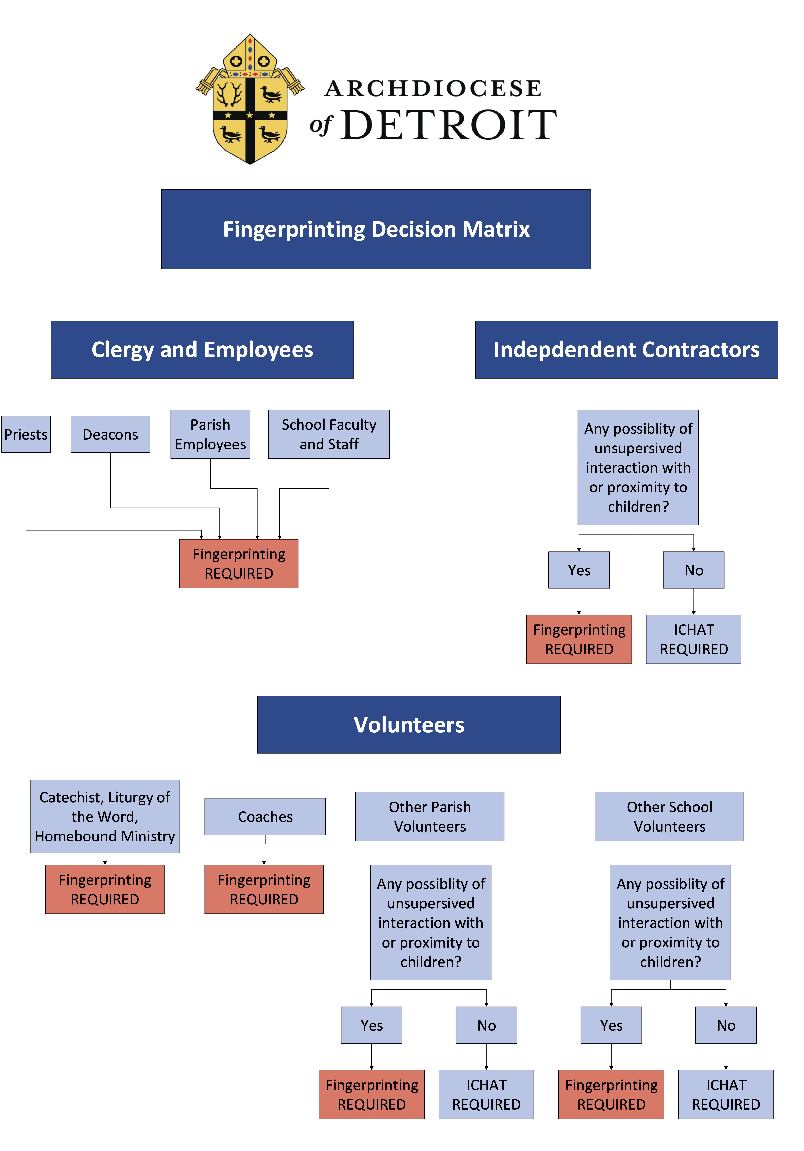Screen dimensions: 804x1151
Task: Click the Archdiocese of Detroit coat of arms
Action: [250, 99]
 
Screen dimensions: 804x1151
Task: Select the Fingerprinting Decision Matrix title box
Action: [376, 229]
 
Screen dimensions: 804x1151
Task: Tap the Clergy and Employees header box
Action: [202, 349]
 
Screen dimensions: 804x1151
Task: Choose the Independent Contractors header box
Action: [626, 349]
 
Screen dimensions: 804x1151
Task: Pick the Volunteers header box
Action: [409, 724]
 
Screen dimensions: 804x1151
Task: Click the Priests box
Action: [26, 434]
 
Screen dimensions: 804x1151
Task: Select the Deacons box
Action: [110, 434]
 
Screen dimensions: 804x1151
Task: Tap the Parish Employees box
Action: [210, 434]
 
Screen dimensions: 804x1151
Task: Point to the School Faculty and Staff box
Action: [329, 434]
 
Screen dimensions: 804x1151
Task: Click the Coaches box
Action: [265, 817]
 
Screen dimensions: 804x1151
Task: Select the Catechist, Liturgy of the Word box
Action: [105, 817]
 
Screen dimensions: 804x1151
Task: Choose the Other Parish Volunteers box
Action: [430, 817]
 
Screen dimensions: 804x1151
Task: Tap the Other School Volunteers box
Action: [670, 817]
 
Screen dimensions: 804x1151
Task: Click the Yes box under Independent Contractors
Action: [579, 570]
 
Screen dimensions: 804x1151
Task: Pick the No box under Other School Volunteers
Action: [726, 1025]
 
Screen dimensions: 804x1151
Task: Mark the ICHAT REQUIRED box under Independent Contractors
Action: [694, 639]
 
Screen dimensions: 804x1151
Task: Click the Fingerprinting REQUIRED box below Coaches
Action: [264, 889]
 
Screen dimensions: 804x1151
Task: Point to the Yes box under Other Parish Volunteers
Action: [372, 1025]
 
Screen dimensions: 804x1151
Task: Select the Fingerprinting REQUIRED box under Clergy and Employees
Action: [239, 563]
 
